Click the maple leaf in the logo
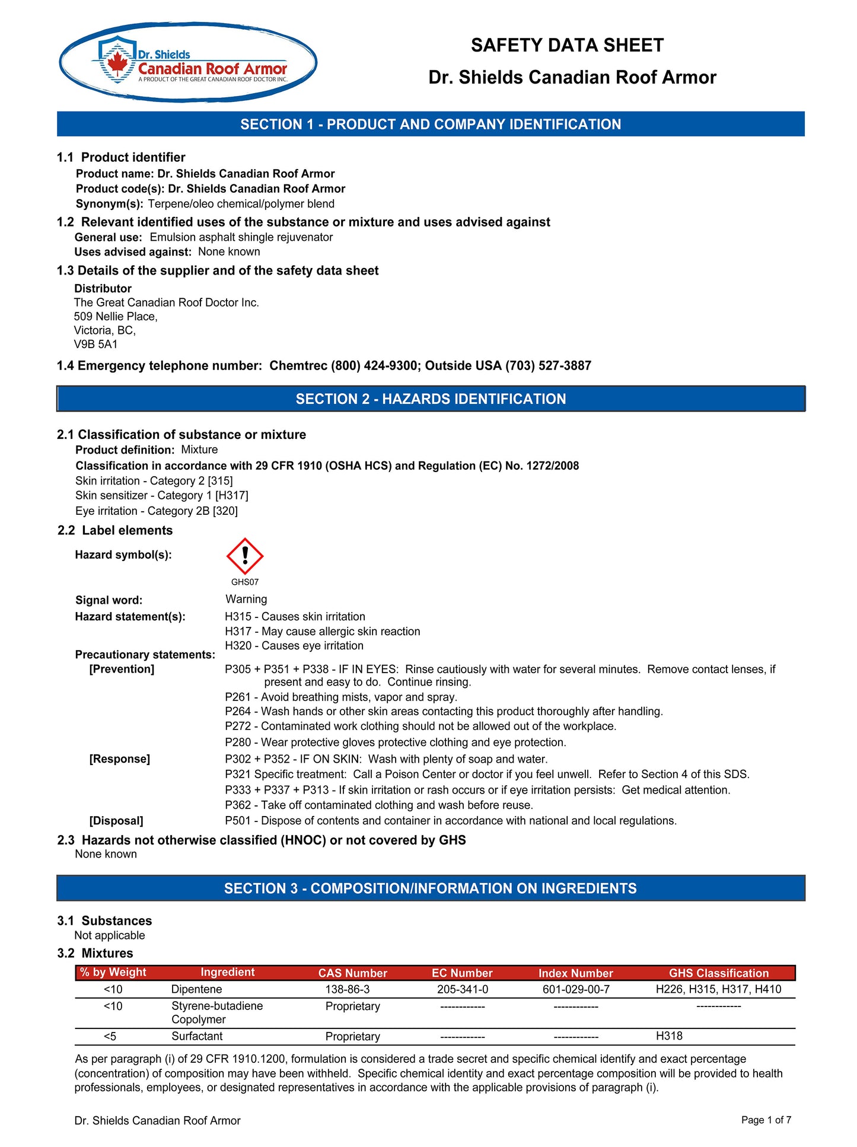117,62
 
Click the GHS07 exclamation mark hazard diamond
244,556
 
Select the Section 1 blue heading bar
431,124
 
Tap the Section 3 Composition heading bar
431,888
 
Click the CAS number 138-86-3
347,989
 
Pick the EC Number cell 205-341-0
463,989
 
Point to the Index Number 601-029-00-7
576,989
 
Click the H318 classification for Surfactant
669,1036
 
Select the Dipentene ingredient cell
196,989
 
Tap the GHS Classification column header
718,973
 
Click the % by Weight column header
113,972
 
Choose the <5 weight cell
110,1036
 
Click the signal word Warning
246,599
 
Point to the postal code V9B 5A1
95,344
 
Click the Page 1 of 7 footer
766,1120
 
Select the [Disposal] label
116,821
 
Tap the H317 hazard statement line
322,631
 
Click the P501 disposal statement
451,820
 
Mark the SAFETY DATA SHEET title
567,45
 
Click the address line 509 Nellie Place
116,316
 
